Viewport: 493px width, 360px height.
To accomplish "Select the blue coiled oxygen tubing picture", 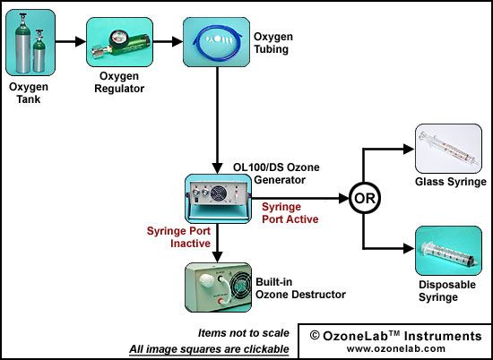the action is [217, 42].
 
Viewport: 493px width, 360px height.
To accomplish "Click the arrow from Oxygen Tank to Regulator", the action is [71, 41].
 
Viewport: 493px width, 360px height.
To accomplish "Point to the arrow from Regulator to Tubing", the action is [168, 41].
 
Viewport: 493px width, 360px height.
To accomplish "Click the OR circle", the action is [365, 198].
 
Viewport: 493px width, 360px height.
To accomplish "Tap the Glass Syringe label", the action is [451, 182].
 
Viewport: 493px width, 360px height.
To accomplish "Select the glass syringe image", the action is [448, 149].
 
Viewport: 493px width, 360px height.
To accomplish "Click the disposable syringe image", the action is [448, 251].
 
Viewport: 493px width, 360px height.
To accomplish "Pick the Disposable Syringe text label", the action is [446, 291].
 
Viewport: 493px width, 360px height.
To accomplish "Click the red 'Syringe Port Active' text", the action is [290, 212].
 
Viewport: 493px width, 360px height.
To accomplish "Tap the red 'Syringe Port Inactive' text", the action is [178, 236].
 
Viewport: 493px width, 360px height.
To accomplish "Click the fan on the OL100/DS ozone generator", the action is [217, 193].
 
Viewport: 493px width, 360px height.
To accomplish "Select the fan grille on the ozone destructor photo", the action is [241, 287].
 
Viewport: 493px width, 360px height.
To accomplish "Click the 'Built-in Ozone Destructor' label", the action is [300, 288].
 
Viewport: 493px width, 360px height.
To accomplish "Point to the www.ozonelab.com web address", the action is [396, 348].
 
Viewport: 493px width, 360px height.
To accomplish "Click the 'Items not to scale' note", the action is [243, 333].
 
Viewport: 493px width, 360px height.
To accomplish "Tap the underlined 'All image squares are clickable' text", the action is [209, 348].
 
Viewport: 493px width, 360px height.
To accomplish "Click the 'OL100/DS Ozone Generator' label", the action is [276, 174].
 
